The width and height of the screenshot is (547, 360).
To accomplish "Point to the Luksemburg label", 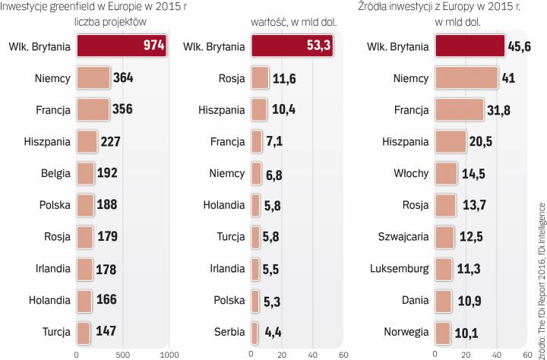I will coord(398,268).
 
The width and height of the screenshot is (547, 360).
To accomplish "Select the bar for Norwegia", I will coord(441,332).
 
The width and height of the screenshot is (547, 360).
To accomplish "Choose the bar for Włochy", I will coord(446,172).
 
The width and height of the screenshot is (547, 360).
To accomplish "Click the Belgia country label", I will coord(56,172).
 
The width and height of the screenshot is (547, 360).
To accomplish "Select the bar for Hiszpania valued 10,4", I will coord(259,109).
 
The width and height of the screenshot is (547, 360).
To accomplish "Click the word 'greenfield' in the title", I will coord(71,8).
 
